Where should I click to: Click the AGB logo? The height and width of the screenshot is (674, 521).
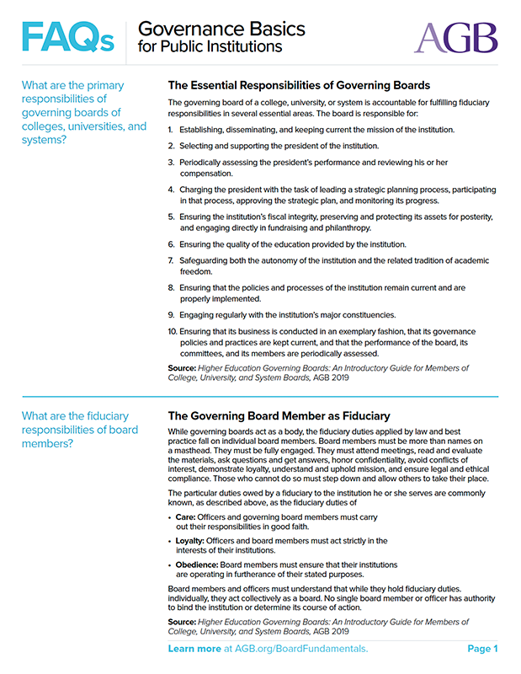(455, 36)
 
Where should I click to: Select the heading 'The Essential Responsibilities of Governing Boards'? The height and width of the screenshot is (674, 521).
(299, 85)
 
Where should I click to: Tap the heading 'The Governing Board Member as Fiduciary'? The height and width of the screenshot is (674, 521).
(279, 415)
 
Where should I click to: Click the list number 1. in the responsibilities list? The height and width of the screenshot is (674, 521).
(171, 130)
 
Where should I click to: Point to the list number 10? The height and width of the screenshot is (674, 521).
(172, 332)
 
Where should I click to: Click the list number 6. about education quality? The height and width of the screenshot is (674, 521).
(171, 244)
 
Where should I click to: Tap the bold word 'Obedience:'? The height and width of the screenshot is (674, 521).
(199, 564)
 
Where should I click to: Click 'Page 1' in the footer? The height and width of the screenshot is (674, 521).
(483, 649)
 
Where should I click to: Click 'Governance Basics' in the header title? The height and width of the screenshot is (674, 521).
(221, 29)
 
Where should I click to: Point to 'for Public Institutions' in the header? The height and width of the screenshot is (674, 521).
(210, 47)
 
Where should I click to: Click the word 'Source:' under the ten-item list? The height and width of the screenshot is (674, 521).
(183, 368)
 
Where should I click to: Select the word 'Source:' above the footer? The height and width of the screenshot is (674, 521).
(183, 622)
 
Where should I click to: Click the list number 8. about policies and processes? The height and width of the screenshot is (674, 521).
(171, 287)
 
